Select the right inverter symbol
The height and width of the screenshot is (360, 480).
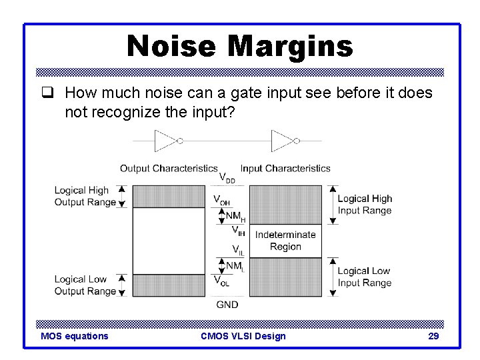283,141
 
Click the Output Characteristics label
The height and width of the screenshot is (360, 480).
169,168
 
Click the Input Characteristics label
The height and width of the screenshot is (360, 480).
285,168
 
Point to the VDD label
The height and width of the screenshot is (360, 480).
227,179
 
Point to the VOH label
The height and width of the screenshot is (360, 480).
223,199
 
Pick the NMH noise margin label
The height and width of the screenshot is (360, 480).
235,216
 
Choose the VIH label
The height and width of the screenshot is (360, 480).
237,231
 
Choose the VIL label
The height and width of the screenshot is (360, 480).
237,250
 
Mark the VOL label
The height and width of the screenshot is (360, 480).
222,281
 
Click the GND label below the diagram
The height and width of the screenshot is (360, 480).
227,305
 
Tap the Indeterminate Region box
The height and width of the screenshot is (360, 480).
285,241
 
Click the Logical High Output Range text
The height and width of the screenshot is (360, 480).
81,196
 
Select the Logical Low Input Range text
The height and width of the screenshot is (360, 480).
364,277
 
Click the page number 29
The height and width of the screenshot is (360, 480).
433,336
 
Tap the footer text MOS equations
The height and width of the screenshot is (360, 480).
75,336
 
